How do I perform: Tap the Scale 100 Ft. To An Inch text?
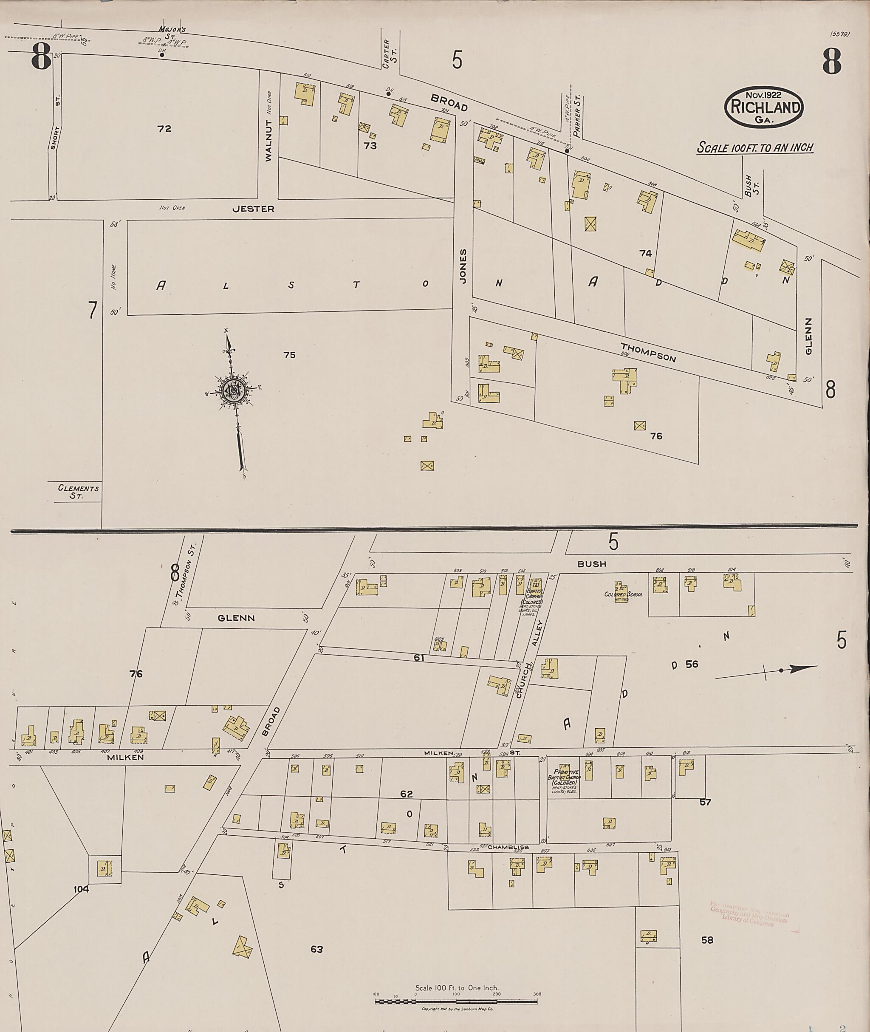click(754, 147)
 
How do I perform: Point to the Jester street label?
click(254, 209)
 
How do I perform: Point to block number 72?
click(164, 129)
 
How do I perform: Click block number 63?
click(316, 935)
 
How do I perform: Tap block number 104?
click(81, 889)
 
